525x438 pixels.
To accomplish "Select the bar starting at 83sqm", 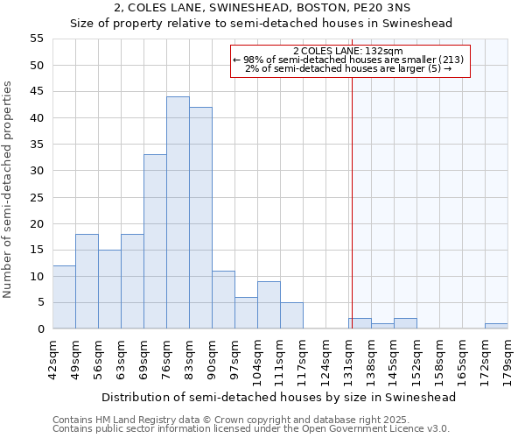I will tap(200, 218).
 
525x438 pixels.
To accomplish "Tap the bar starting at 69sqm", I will tap(155, 242).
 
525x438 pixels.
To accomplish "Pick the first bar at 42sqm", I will tap(64, 297).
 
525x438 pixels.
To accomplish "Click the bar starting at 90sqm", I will tap(223, 300).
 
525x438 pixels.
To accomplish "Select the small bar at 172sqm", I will tap(496, 326).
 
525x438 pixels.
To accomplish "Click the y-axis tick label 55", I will tap(37, 39).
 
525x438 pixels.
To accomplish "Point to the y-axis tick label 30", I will tap(37, 171).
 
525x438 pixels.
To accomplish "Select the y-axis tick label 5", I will tap(40, 302).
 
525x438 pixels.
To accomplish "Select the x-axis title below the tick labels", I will tap(279, 397).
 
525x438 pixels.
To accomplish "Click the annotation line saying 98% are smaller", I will tap(350, 60).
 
